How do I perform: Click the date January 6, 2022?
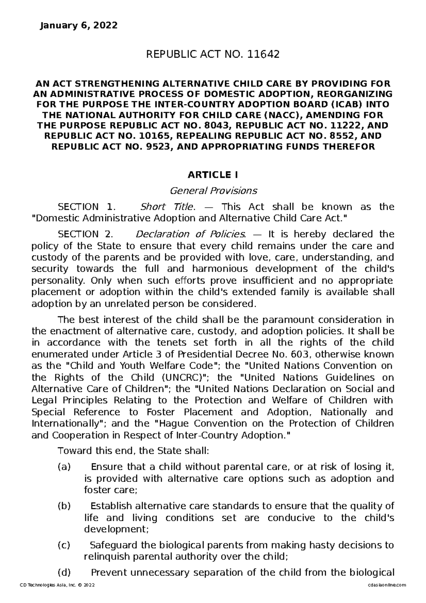[78, 26]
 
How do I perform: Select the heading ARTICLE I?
[213, 175]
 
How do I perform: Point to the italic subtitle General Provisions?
[213, 191]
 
